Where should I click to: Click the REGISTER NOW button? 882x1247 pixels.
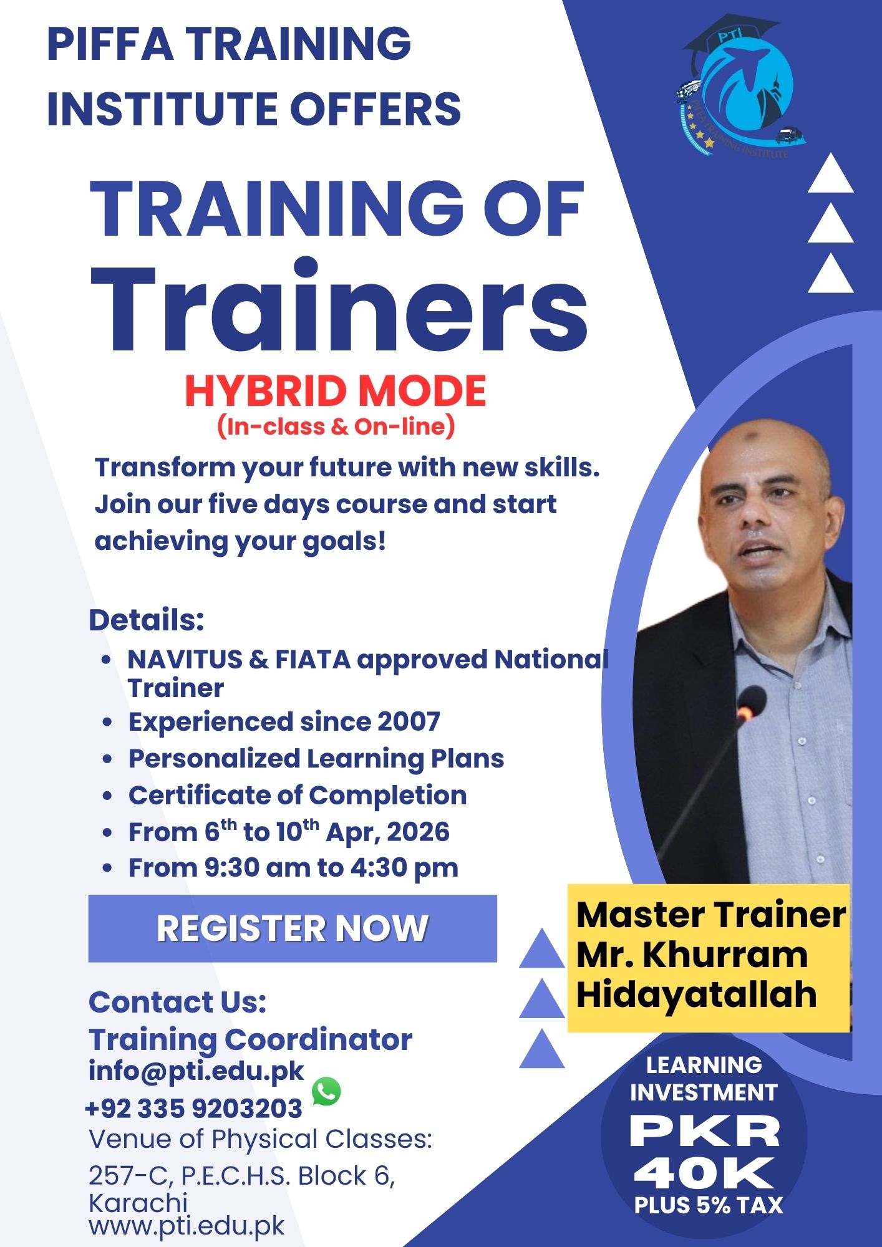(293, 928)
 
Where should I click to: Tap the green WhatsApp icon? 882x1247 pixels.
(326, 1091)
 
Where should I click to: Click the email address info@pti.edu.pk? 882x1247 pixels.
(196, 1071)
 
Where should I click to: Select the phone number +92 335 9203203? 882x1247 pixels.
(193, 1109)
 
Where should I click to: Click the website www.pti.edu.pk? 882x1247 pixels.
(187, 1225)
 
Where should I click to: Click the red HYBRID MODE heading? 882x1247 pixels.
(336, 391)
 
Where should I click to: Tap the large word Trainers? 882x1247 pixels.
(340, 306)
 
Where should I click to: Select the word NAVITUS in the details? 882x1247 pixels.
(185, 660)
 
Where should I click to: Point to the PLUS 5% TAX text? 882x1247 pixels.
(708, 1205)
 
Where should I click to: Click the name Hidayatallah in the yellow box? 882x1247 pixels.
(696, 994)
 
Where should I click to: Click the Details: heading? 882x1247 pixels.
(147, 620)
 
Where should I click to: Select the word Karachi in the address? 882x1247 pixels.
(138, 1202)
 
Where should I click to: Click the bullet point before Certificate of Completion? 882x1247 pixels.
(107, 796)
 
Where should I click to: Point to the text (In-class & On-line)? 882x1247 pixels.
(336, 427)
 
